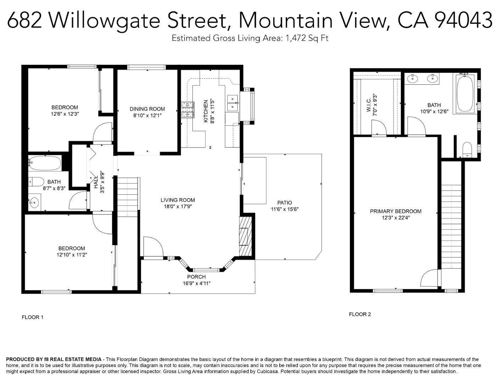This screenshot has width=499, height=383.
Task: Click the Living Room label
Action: [x=178, y=200]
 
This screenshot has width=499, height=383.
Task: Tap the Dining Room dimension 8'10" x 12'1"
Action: [x=147, y=115]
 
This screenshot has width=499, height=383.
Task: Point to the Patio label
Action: [x=285, y=203]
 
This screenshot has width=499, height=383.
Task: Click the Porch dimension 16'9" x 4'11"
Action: [x=196, y=283]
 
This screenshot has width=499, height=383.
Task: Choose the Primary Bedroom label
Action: [x=396, y=211]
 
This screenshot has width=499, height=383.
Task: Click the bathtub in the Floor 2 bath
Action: [x=465, y=94]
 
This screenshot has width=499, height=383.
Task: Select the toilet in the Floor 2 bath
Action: [x=467, y=149]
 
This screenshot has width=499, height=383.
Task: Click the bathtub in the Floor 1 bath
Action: [x=45, y=163]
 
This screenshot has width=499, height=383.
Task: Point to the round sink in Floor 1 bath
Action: [x=34, y=203]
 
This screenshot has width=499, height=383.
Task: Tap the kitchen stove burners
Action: [x=188, y=110]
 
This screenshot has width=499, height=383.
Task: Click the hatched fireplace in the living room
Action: [x=245, y=236]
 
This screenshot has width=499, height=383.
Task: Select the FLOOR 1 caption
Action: [x=33, y=317]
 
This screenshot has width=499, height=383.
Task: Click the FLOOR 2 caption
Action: [x=360, y=314]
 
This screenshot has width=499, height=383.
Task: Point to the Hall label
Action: [x=96, y=182]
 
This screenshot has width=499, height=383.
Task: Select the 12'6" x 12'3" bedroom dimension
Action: [x=65, y=114]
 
